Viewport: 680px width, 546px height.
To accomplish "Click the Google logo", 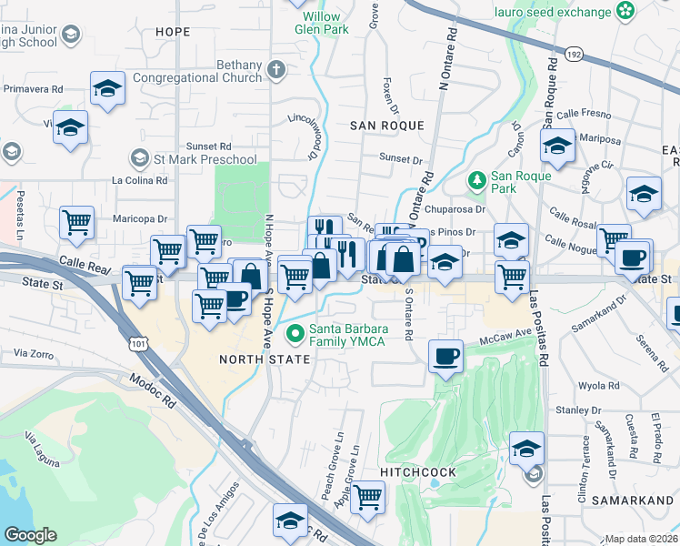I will point(30,535).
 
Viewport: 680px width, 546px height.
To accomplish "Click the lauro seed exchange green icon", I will point(625,11).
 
